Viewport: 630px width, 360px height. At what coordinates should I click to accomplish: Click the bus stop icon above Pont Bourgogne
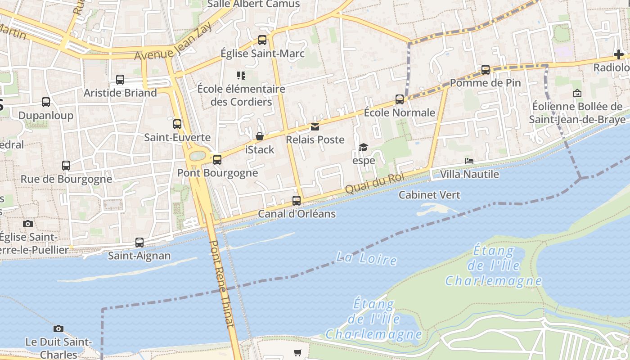click(217, 159)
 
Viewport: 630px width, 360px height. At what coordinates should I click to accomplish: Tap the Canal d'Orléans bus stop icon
click(297, 200)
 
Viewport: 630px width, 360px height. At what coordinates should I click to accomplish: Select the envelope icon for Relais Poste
click(315, 127)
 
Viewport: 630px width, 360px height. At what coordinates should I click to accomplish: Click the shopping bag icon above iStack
click(260, 136)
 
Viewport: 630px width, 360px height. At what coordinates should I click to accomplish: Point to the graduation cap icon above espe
click(363, 147)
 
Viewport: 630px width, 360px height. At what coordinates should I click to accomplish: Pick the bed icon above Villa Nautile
click(469, 161)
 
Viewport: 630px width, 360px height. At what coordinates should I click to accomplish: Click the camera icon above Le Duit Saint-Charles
click(58, 328)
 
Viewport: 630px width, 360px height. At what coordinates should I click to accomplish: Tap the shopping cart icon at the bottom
click(297, 352)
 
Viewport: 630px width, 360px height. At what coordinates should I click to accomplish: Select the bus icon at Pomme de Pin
click(486, 70)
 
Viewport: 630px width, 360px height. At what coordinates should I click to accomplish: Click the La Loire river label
click(367, 259)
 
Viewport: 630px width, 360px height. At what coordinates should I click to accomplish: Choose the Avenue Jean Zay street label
click(173, 42)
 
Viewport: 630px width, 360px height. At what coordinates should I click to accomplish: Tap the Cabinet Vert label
click(429, 195)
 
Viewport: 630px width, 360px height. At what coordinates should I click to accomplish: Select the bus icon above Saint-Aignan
click(139, 243)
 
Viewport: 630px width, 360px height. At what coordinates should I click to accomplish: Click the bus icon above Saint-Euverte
click(177, 124)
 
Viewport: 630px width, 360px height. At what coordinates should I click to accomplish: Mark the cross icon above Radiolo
click(619, 55)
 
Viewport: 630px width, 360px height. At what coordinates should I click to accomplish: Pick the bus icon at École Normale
click(400, 99)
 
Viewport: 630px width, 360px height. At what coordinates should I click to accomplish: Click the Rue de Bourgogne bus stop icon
click(66, 166)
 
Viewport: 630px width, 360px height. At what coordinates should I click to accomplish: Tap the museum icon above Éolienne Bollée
click(577, 93)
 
